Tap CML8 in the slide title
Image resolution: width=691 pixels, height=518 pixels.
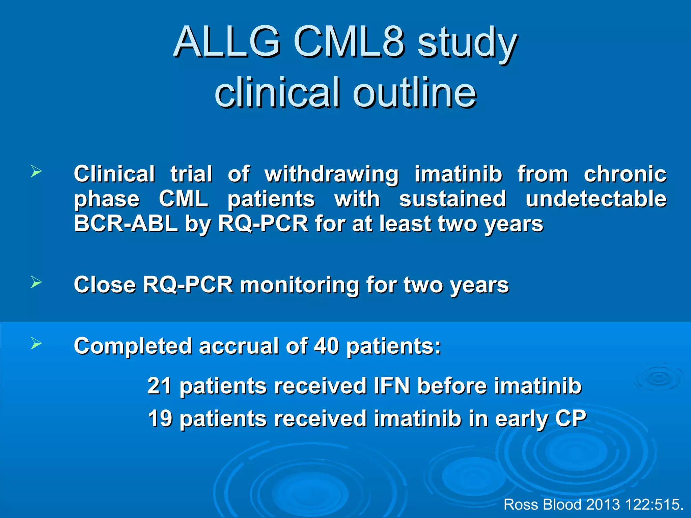349,42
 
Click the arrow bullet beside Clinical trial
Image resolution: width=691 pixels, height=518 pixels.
36,171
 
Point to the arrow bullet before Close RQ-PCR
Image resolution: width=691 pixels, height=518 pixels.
36,282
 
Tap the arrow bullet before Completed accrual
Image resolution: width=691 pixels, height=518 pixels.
36,343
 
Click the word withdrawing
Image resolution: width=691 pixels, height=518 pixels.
331,174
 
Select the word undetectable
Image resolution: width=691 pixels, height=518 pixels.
596,199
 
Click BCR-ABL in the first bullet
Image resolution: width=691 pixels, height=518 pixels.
126,223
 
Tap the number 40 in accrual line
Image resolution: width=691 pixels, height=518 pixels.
326,346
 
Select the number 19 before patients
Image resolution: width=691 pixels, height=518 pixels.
159,419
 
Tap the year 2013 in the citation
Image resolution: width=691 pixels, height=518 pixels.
603,505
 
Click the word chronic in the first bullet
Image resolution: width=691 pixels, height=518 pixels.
625,174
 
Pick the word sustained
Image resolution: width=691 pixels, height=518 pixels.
452,199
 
